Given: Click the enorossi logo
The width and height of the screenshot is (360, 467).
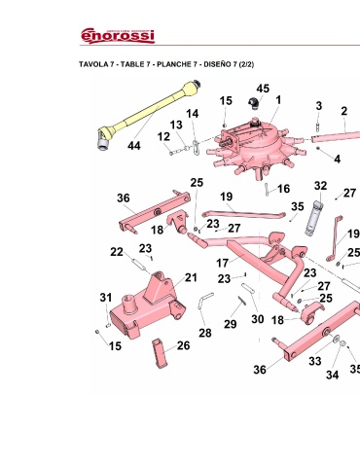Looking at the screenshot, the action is pyautogui.click(x=118, y=35).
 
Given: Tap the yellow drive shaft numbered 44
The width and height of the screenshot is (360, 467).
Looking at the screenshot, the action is pyautogui.click(x=149, y=114).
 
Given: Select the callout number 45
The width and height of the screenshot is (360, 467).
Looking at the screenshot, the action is pyautogui.click(x=263, y=89).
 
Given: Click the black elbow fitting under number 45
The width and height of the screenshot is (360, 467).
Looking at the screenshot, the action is pyautogui.click(x=253, y=102).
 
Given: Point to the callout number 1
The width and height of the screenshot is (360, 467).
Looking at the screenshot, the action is pyautogui.click(x=278, y=100).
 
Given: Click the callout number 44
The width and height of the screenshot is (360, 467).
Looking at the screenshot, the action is pyautogui.click(x=134, y=146).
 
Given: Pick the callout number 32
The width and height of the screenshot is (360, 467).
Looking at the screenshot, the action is pyautogui.click(x=320, y=186).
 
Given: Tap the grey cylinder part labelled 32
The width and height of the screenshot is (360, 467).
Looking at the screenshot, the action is pyautogui.click(x=313, y=218).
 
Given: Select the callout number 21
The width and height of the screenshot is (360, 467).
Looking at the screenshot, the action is pyautogui.click(x=191, y=277).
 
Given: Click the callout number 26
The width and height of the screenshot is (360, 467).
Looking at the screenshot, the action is pyautogui.click(x=183, y=345).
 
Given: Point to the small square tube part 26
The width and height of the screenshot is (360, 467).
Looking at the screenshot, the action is pyautogui.click(x=161, y=353).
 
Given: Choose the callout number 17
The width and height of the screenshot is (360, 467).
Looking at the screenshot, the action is pyautogui.click(x=223, y=263).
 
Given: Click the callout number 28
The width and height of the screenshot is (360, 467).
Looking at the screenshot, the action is pyautogui.click(x=205, y=333).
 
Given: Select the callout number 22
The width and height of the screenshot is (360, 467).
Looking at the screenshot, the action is pyautogui.click(x=117, y=252).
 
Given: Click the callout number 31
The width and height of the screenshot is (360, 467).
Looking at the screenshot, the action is pyautogui.click(x=106, y=297).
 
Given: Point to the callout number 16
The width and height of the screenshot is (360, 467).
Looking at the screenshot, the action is pyautogui.click(x=283, y=189).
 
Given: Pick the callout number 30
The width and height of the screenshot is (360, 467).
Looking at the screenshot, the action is pyautogui.click(x=258, y=319).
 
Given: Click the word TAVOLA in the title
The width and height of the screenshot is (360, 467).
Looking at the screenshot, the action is pyautogui.click(x=93, y=64).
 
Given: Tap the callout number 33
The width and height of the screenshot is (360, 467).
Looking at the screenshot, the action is pyautogui.click(x=314, y=361).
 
